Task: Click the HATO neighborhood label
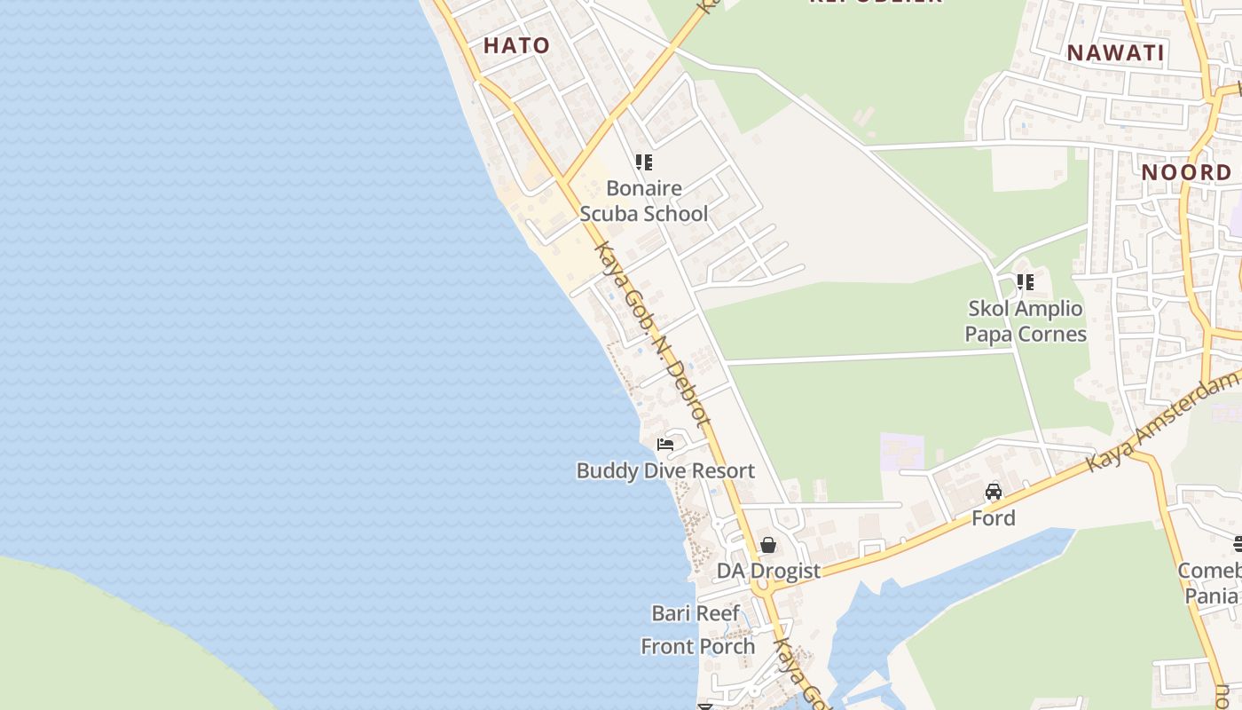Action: coord(516,45)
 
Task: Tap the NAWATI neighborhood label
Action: coord(1115,52)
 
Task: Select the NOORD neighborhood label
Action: coord(1186,172)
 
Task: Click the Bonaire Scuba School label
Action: coord(644,201)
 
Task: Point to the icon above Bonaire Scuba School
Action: coord(643,162)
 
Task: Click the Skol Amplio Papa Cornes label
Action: coord(1026,321)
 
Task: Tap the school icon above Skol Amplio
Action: coord(1025,282)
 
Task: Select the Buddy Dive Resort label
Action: coord(665,470)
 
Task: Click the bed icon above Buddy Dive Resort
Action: coord(665,444)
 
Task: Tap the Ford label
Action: coord(993,517)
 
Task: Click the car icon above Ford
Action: coord(993,492)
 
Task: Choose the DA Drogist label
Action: coord(768,571)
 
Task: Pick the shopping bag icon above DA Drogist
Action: coord(768,545)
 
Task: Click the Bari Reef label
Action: coord(696,613)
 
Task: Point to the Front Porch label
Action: coord(698,646)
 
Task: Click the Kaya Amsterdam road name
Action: coord(1162,422)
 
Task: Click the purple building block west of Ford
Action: coord(901,451)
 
